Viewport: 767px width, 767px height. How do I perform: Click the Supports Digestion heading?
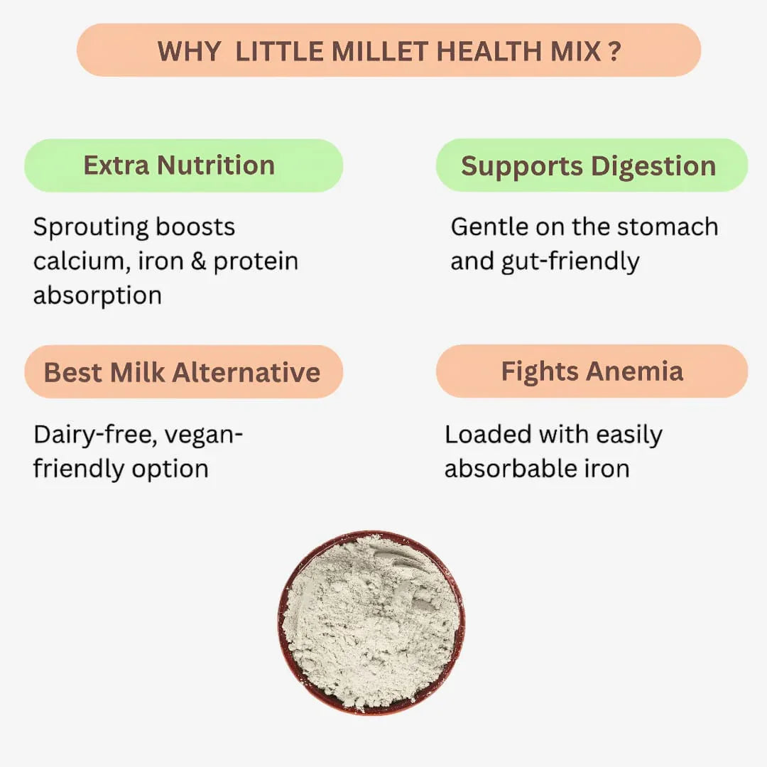click(589, 165)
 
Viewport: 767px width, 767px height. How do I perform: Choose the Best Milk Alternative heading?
click(183, 372)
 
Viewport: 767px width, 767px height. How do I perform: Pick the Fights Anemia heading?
click(592, 371)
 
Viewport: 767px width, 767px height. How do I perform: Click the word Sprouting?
click(90, 228)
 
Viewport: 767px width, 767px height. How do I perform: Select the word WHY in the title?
click(189, 51)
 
